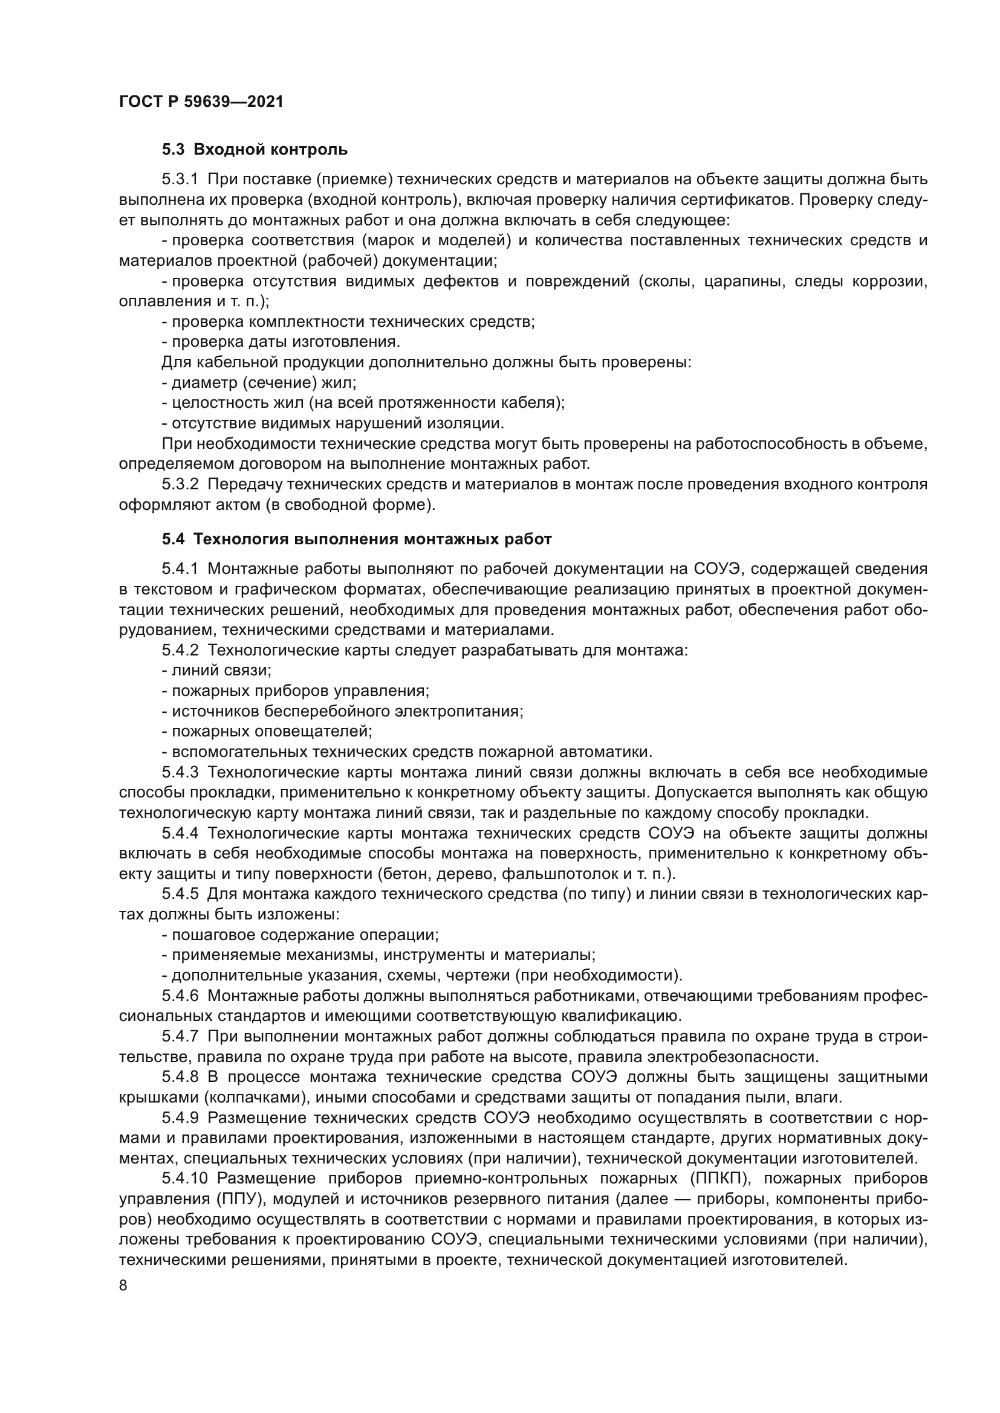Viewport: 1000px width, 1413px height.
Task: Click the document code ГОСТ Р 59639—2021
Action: click(x=201, y=102)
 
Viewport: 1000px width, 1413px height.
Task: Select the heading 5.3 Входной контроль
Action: click(x=255, y=150)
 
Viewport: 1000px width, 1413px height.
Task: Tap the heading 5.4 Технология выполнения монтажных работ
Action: click(x=357, y=539)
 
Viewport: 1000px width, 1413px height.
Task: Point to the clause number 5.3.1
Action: click(x=180, y=179)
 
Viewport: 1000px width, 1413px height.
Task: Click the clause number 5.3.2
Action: click(x=180, y=484)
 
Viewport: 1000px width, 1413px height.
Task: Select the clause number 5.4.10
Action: click(x=185, y=1179)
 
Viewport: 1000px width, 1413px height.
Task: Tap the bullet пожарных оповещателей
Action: click(x=267, y=731)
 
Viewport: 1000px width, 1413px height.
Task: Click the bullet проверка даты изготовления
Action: click(x=281, y=341)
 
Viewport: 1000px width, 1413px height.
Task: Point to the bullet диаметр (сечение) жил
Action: click(x=259, y=382)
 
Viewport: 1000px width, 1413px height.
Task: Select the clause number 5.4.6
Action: click(x=180, y=996)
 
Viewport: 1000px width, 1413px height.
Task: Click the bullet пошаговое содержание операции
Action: click(x=300, y=935)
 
